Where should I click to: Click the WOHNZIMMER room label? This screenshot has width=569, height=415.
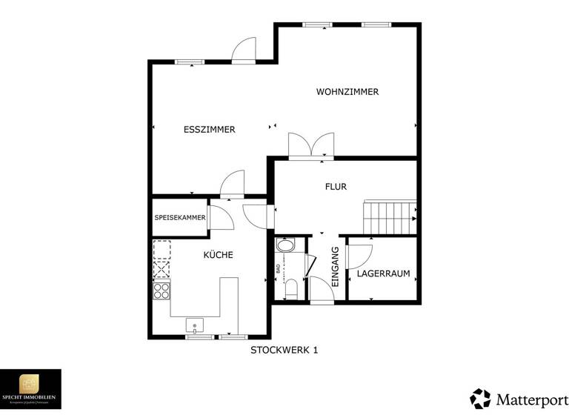[x=347, y=92]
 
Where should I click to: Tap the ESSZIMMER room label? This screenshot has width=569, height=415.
[x=209, y=130]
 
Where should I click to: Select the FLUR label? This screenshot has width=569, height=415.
[x=336, y=187]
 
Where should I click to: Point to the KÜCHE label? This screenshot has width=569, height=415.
[x=219, y=255]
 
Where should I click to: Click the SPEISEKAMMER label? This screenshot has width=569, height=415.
[x=179, y=218]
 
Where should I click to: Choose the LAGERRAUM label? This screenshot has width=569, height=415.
[x=383, y=273]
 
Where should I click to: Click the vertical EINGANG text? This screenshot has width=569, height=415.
[x=335, y=267]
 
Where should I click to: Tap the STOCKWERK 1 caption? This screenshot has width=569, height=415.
[x=284, y=350]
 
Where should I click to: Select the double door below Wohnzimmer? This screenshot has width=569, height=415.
[x=311, y=145]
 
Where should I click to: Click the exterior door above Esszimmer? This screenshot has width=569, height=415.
[x=244, y=50]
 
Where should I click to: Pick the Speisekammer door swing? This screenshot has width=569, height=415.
[x=219, y=217]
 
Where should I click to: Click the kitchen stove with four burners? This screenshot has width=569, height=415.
[x=162, y=290]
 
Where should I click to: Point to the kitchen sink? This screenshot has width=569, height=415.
[x=195, y=325]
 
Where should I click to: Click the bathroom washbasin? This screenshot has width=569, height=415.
[x=285, y=245]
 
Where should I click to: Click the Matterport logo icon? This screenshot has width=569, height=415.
[x=480, y=398]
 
